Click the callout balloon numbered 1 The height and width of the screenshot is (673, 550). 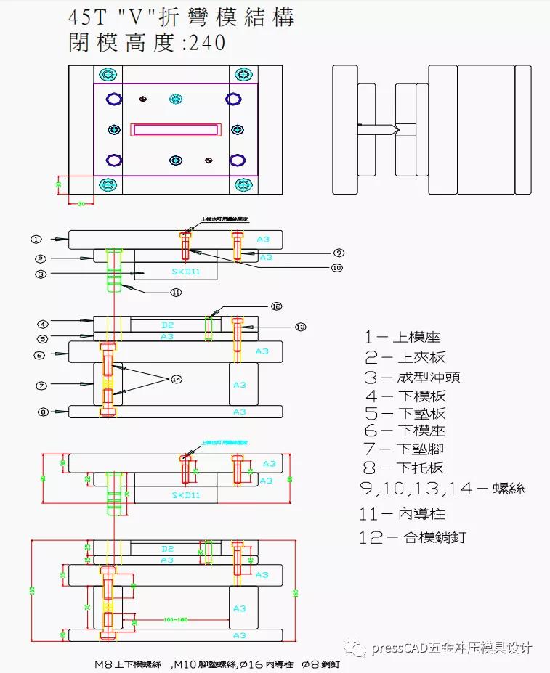tap(36, 239)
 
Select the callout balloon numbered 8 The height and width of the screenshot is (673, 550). tap(43, 412)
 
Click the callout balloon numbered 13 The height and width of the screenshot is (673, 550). tap(301, 327)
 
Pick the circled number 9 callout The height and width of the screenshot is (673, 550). tap(339, 253)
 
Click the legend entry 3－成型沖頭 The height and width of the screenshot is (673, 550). tap(411, 377)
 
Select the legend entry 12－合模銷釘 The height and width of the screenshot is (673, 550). tap(412, 537)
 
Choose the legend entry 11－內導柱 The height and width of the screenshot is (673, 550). tap(404, 514)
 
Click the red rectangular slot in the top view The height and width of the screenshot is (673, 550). tap(175, 130)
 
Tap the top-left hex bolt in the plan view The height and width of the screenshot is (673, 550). tap(108, 75)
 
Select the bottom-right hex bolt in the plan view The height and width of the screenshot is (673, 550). tap(242, 184)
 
